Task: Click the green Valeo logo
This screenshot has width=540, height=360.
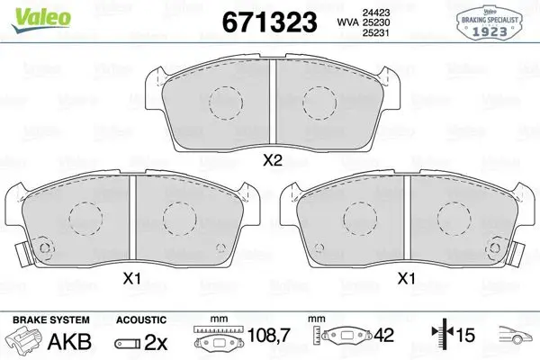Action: [41, 19]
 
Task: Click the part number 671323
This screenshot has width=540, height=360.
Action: [269, 22]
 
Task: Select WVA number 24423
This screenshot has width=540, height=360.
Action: [376, 13]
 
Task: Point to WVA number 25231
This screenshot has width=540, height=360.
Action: [376, 32]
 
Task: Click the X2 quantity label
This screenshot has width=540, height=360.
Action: [273, 160]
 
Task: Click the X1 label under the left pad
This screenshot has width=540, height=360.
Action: [132, 278]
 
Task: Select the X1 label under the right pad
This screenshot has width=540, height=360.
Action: [407, 278]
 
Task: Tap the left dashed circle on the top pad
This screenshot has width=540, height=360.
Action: [226, 103]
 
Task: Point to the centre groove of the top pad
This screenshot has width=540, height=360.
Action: [273, 102]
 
